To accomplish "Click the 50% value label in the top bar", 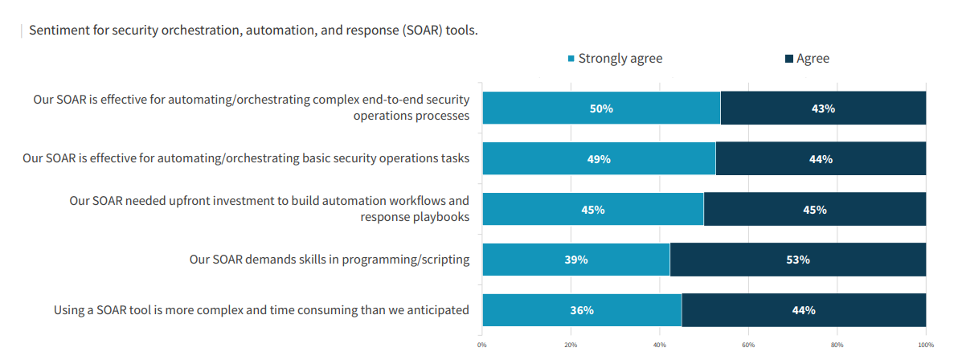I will (601, 108).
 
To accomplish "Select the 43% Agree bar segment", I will (823, 108).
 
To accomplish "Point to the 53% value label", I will (797, 260).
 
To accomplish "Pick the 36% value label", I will (582, 310).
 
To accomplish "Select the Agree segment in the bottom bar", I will (804, 310).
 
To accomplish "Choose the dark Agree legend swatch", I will (789, 59).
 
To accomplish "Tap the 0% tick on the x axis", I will (481, 346).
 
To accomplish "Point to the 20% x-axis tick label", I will (571, 346).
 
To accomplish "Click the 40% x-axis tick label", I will (659, 346).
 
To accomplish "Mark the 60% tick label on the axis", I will (748, 346).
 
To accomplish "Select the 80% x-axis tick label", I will (837, 346).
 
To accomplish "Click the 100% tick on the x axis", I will (925, 346).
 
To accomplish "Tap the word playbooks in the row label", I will (440, 217).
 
